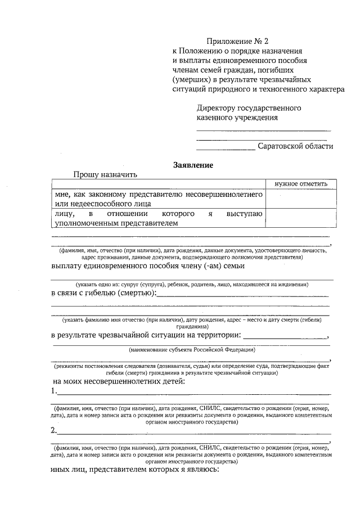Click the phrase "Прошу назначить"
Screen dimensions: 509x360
click(x=105, y=174)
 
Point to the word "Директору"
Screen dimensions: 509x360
click(x=216, y=108)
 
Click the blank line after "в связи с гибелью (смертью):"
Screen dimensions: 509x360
click(x=242, y=294)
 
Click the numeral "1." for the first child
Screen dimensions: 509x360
click(x=53, y=391)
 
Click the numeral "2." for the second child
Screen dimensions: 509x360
click(x=53, y=431)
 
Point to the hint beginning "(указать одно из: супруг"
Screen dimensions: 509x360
click(x=192, y=285)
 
